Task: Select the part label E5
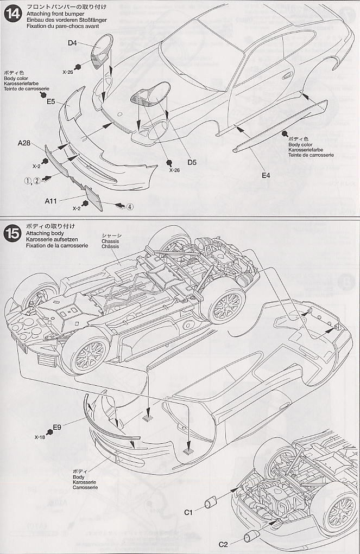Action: click(x=51, y=101)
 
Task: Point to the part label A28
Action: click(x=23, y=143)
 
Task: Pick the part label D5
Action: click(x=192, y=162)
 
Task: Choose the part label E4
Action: click(x=266, y=175)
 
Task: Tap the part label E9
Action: click(x=56, y=426)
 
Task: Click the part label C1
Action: click(x=188, y=511)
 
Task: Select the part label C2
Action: click(x=223, y=544)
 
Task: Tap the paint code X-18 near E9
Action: click(x=41, y=437)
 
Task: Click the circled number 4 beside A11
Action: click(x=130, y=207)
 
